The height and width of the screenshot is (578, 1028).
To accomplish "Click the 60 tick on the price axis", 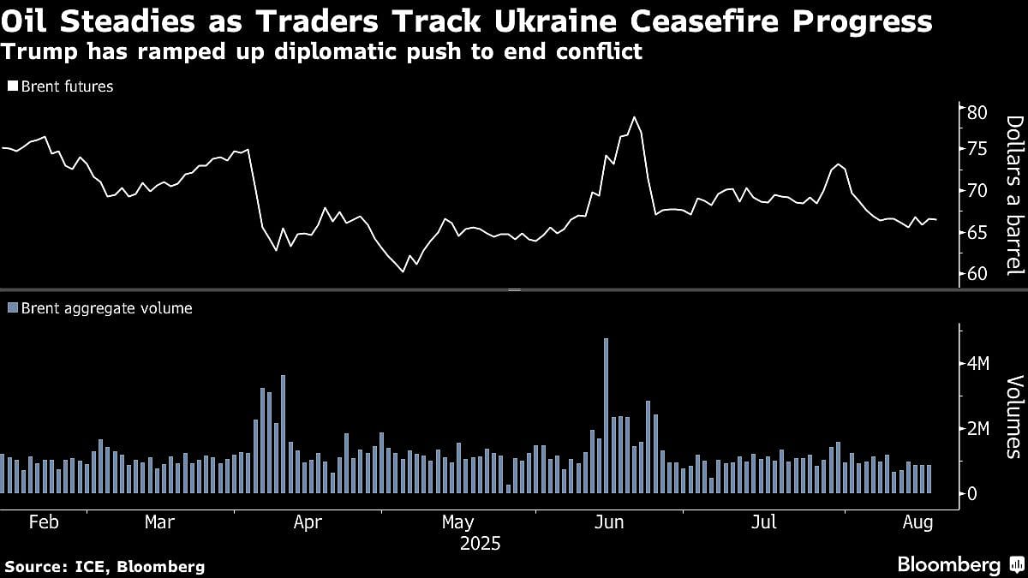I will click(x=977, y=273).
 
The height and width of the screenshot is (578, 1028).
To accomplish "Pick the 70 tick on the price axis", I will click(x=977, y=191).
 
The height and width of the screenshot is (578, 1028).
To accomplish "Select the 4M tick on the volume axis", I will click(x=977, y=364).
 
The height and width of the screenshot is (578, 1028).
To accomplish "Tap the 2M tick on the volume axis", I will click(x=977, y=429).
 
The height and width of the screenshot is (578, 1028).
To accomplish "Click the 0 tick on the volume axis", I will click(x=972, y=494).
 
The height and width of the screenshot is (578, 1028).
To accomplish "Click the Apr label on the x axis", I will click(x=308, y=522).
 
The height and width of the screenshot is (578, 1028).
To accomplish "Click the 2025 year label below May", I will click(x=480, y=543).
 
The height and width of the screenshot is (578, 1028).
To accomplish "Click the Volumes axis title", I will click(x=1014, y=417).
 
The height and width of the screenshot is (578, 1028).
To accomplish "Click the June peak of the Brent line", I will click(x=634, y=117).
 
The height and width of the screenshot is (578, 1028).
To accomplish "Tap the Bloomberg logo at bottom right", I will click(x=949, y=564).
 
